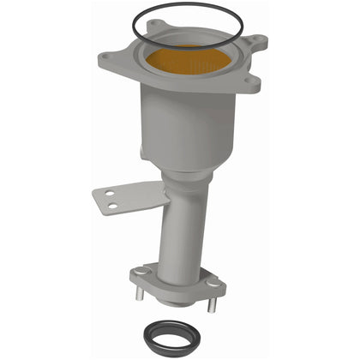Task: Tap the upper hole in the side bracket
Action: (111, 195)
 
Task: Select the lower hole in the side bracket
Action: (112, 207)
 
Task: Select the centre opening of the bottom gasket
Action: (179, 333)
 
